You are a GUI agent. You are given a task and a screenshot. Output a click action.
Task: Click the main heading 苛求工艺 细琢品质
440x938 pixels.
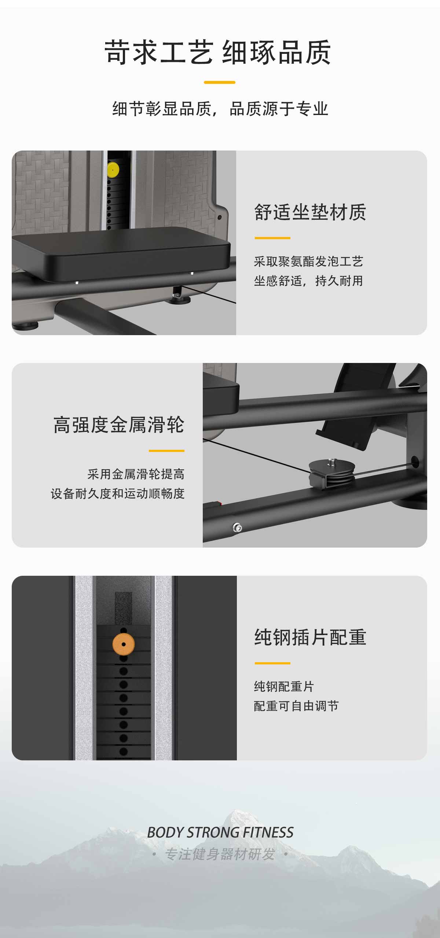pyautogui.click(x=218, y=52)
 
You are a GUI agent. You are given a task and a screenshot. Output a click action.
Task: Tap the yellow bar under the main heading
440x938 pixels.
pyautogui.click(x=220, y=82)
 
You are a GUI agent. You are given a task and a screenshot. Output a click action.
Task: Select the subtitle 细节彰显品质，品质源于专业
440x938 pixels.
pyautogui.click(x=220, y=109)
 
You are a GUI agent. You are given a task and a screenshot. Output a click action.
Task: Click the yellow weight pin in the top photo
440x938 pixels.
pyautogui.click(x=113, y=170)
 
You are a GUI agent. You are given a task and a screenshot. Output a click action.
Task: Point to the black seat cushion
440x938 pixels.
pyautogui.click(x=121, y=253)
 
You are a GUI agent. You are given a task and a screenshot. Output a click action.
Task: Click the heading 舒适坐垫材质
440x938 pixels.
pyautogui.click(x=310, y=212)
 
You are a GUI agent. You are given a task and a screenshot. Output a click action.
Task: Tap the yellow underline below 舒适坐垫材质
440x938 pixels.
pyautogui.click(x=272, y=238)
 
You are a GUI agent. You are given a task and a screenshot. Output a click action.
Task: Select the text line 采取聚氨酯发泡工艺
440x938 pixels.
pyautogui.click(x=308, y=262)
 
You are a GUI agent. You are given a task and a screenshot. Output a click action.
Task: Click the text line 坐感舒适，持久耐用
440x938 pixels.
pyautogui.click(x=308, y=281)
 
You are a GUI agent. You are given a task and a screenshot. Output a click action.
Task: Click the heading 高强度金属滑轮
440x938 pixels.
pyautogui.click(x=119, y=425)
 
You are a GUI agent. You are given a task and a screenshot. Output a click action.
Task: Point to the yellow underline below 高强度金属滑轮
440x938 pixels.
pyautogui.click(x=166, y=451)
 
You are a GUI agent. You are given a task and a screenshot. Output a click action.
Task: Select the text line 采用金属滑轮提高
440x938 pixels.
pyautogui.click(x=136, y=474)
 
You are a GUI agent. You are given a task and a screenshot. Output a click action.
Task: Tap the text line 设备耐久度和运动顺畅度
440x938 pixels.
pyautogui.click(x=118, y=493)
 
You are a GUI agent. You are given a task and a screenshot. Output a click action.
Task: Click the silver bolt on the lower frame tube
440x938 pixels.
pyautogui.click(x=237, y=528)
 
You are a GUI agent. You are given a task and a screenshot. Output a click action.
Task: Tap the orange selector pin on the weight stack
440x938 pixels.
pyautogui.click(x=124, y=644)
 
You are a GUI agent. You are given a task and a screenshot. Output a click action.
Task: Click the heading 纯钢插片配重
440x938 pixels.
pyautogui.click(x=310, y=637)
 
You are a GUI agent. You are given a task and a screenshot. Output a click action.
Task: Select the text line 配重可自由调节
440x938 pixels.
pyautogui.click(x=296, y=706)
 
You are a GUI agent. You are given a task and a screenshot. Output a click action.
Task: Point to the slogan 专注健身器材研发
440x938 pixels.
pyautogui.click(x=220, y=854)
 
